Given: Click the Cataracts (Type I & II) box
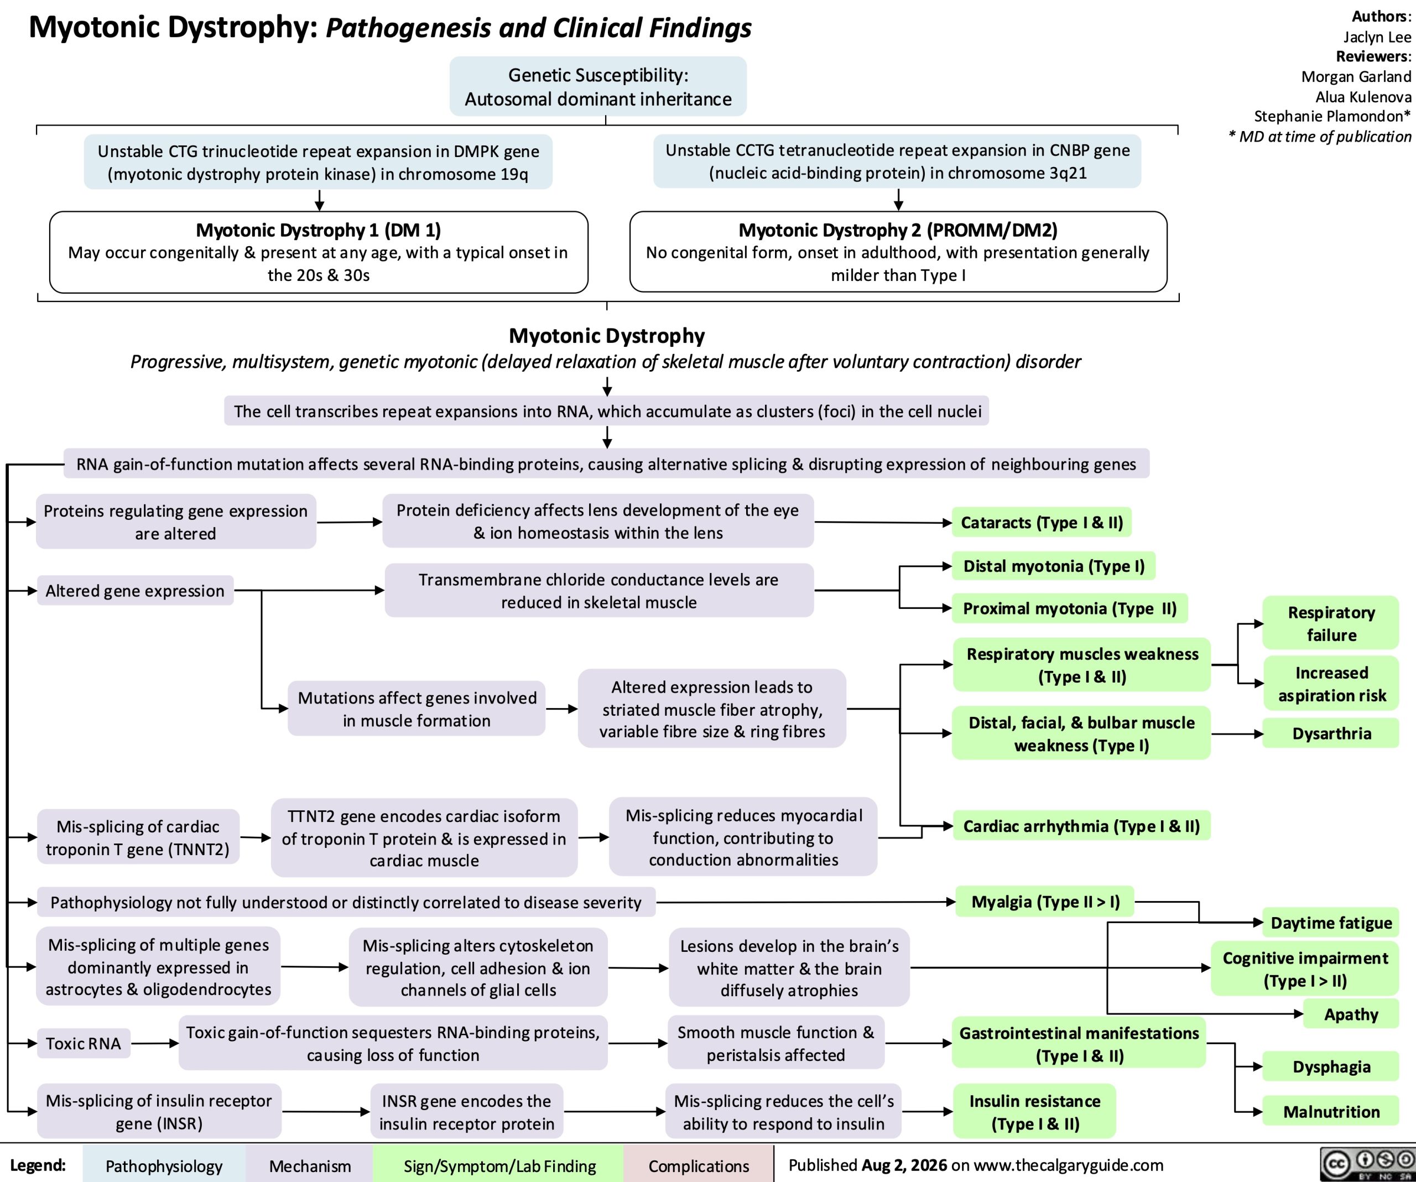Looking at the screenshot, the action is [x=1042, y=523].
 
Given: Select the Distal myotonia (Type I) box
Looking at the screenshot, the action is [x=1054, y=566].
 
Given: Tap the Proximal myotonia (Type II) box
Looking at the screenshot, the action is [x=1069, y=608].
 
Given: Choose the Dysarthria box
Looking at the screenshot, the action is [x=1331, y=733].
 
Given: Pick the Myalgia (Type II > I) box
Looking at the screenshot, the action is [x=1045, y=902].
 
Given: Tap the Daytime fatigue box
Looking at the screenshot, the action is [x=1331, y=923].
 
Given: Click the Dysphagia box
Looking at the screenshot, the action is [x=1331, y=1067].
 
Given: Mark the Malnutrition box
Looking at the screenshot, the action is [x=1331, y=1112].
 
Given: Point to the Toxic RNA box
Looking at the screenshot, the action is [x=84, y=1044].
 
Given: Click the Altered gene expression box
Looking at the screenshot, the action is [x=135, y=591].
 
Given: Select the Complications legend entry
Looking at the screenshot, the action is [x=699, y=1166].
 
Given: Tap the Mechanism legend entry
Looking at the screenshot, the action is [x=310, y=1166].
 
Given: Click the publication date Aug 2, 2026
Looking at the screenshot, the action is [x=904, y=1165].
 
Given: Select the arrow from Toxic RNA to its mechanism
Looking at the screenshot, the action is [x=155, y=1044].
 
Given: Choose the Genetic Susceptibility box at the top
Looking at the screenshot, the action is [x=598, y=86].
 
